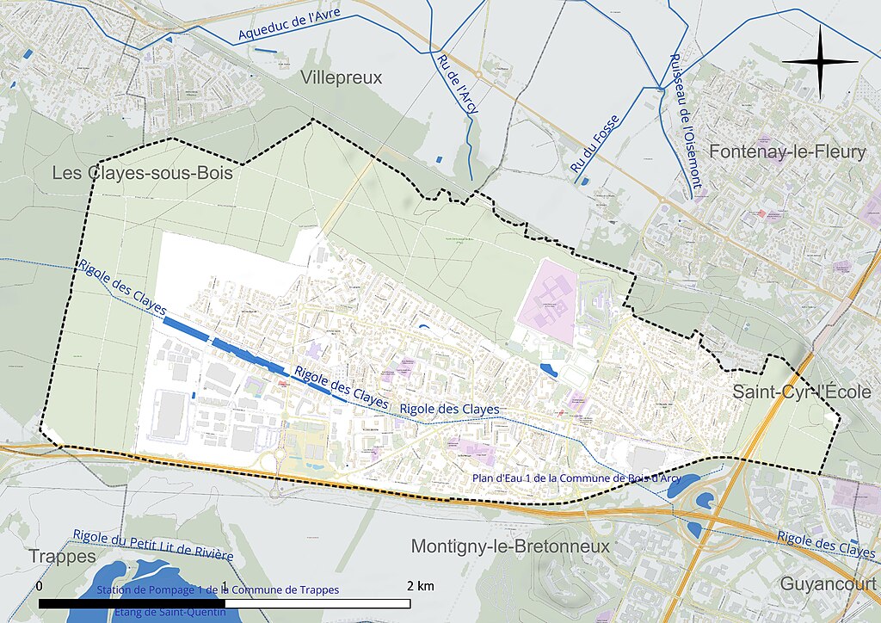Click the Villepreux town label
[342, 78]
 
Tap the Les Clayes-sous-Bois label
[142, 173]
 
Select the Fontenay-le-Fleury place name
[786, 152]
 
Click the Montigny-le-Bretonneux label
[510, 546]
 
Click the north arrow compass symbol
[820, 61]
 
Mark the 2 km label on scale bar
[421, 586]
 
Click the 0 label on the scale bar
[40, 586]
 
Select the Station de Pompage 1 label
[218, 590]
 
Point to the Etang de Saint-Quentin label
[169, 612]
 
